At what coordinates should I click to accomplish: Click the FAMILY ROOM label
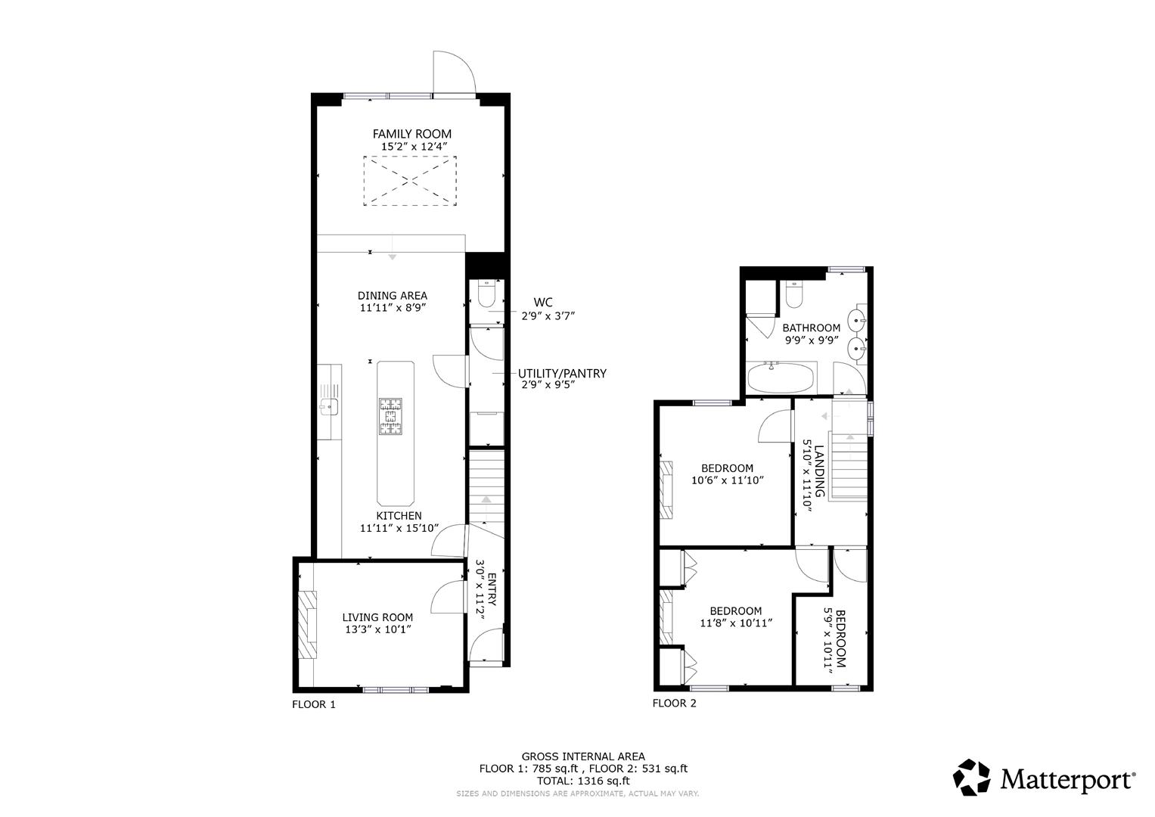tap(411, 134)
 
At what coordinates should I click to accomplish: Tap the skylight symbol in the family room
tap(410, 180)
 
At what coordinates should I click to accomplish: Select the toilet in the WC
tap(486, 293)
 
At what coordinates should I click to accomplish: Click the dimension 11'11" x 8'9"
tap(393, 308)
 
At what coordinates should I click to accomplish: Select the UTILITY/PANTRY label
tap(562, 374)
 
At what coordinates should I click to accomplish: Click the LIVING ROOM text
tap(377, 617)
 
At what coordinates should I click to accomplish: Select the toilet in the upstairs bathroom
tap(793, 294)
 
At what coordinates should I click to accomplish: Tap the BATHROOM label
tap(811, 328)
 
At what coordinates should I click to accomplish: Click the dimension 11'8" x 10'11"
tap(735, 623)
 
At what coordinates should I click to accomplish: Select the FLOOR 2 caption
tap(674, 704)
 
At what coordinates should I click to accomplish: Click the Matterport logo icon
tap(971, 778)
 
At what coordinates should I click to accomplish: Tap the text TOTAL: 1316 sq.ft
tap(582, 781)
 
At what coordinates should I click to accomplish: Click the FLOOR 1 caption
tap(313, 705)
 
